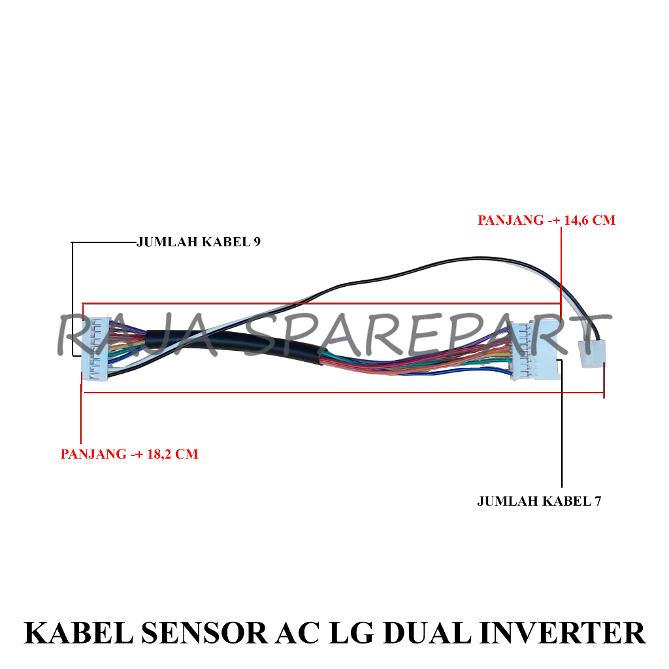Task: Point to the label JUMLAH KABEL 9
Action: click(199, 242)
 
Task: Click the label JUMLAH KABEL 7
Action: click(539, 501)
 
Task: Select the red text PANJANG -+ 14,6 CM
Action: click(546, 220)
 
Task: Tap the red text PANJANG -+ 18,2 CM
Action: click(129, 453)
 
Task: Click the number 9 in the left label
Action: click(257, 242)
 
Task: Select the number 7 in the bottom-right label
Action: click(597, 501)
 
